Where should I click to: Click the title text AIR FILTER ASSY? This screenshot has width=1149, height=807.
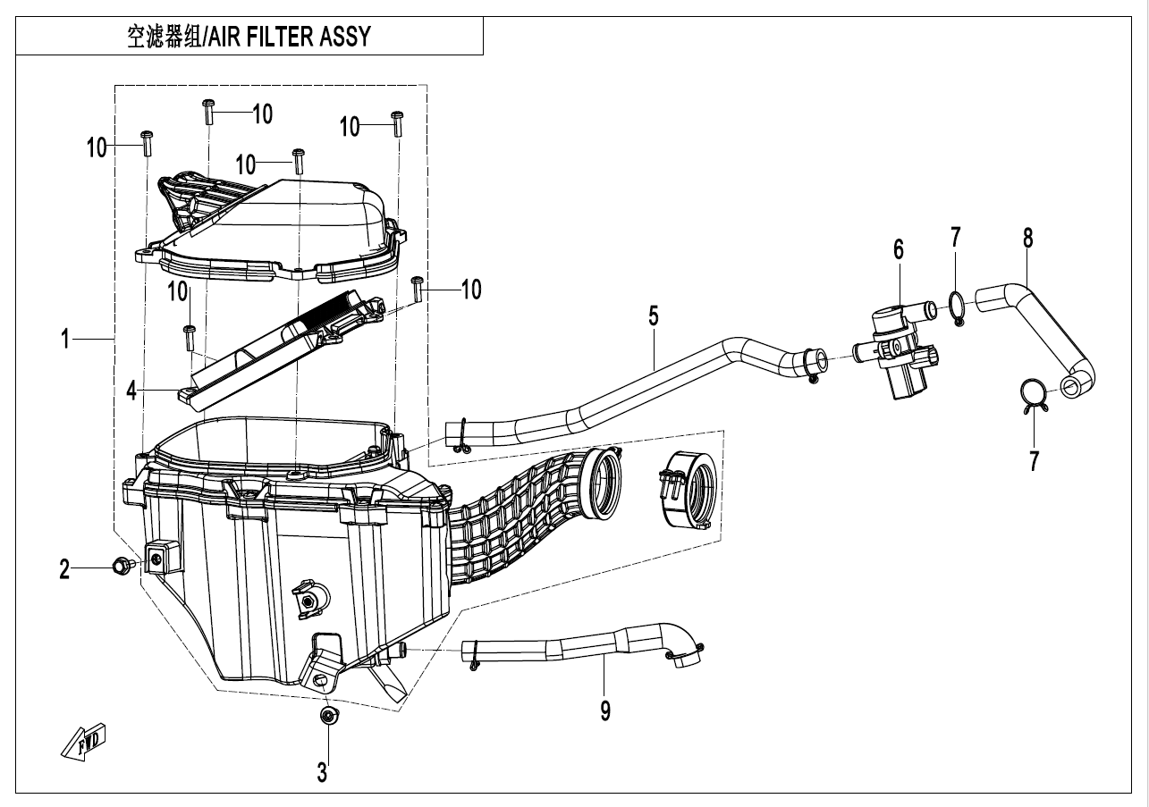(x=247, y=38)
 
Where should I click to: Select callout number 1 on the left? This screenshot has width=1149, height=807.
(x=66, y=340)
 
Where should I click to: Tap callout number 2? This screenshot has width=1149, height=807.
(x=64, y=569)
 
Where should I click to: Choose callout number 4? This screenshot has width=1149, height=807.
(x=131, y=391)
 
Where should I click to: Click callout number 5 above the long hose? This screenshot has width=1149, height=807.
(x=654, y=315)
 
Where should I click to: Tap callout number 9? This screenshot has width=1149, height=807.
(x=605, y=711)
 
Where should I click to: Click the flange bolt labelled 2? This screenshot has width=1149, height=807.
(x=120, y=564)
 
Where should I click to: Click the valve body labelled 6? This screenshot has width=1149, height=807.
(x=896, y=351)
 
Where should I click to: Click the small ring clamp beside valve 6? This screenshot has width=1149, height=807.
(x=955, y=307)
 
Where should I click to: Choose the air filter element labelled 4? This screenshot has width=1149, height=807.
(x=277, y=349)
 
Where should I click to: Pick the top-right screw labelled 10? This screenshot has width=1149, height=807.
(x=397, y=123)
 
